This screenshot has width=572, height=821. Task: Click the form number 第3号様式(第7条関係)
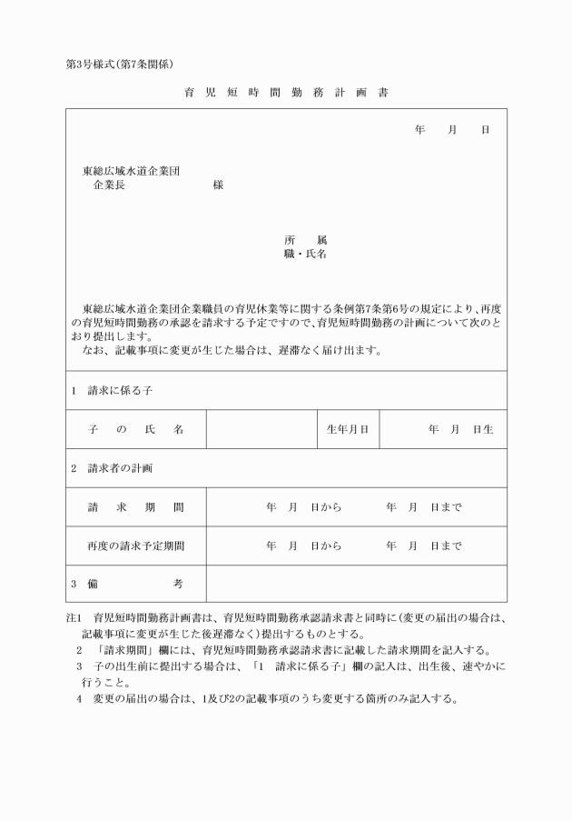[120, 64]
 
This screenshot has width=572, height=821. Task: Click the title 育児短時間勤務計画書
[285, 93]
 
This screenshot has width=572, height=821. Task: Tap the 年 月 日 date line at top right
[452, 130]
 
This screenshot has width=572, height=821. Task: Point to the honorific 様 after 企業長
[218, 185]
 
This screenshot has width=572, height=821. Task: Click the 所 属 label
[305, 240]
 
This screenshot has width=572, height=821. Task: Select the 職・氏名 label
[305, 255]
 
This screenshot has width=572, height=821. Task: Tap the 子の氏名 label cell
[136, 429]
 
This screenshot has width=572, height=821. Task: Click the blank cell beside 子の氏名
[261, 429]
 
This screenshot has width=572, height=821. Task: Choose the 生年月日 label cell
[347, 429]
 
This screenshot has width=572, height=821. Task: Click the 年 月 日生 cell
[443, 429]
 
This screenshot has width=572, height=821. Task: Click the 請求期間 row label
[136, 507]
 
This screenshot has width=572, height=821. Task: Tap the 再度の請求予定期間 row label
[136, 546]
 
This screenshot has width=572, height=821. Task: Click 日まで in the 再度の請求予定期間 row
[446, 546]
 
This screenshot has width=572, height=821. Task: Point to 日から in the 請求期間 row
[326, 507]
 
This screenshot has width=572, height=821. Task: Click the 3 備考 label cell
[136, 585]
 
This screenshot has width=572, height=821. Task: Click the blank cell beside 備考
[356, 585]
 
